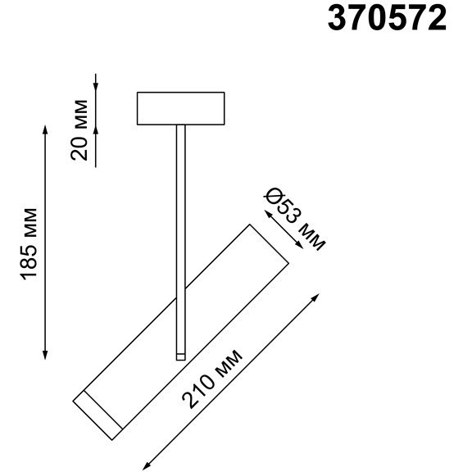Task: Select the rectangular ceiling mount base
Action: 180,107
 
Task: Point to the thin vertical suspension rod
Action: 179,238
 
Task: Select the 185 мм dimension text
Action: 29,243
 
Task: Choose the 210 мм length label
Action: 212,380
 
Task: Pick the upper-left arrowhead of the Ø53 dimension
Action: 261,210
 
